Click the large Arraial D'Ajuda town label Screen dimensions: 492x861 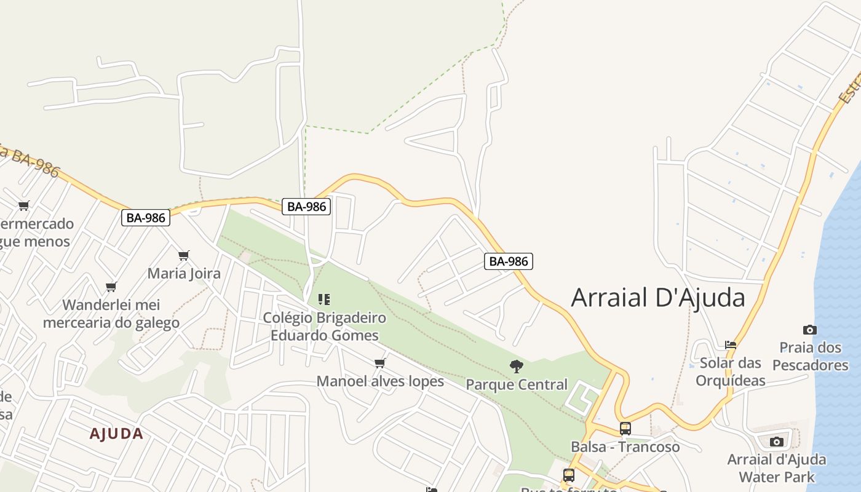658,298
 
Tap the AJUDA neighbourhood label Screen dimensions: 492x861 116,434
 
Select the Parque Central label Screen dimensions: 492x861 517,384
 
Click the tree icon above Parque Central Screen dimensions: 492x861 517,367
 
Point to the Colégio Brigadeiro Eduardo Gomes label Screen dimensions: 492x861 324,327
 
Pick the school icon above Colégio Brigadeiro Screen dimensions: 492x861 324,300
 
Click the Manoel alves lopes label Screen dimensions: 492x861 380,381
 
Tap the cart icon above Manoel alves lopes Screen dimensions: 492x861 380,363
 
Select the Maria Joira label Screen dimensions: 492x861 184,273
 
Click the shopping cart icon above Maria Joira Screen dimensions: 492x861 184,255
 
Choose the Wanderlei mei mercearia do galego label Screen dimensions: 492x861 111,314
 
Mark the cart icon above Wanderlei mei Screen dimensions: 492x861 111,287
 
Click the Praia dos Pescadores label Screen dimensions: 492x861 810,357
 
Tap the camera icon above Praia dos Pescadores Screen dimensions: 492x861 810,330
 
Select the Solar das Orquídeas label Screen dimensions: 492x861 731,371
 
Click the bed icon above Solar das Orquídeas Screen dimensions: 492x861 731,345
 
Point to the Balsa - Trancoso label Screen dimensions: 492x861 625,447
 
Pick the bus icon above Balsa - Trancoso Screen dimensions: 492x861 625,429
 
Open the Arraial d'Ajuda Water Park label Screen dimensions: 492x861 777,468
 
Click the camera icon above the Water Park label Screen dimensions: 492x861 777,442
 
